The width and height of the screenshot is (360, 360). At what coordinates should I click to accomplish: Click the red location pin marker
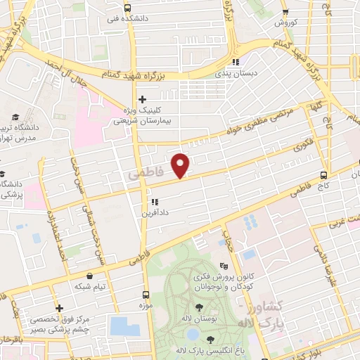pyautogui.click(x=181, y=165)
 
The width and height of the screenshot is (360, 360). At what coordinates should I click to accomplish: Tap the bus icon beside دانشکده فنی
pyautogui.click(x=127, y=8)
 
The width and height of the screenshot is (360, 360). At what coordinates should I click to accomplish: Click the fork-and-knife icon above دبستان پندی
pyautogui.click(x=236, y=61)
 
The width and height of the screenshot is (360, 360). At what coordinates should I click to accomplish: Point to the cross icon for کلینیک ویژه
pyautogui.click(x=142, y=99)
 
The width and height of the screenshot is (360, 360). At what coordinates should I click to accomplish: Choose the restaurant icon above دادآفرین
pyautogui.click(x=153, y=202)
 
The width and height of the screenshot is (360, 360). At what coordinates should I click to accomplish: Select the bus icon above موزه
pyautogui.click(x=146, y=294)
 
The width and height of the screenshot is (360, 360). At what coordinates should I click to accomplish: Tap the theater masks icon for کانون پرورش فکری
pyautogui.click(x=224, y=266)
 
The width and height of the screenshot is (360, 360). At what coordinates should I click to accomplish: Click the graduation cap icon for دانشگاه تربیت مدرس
pyautogui.click(x=15, y=118)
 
